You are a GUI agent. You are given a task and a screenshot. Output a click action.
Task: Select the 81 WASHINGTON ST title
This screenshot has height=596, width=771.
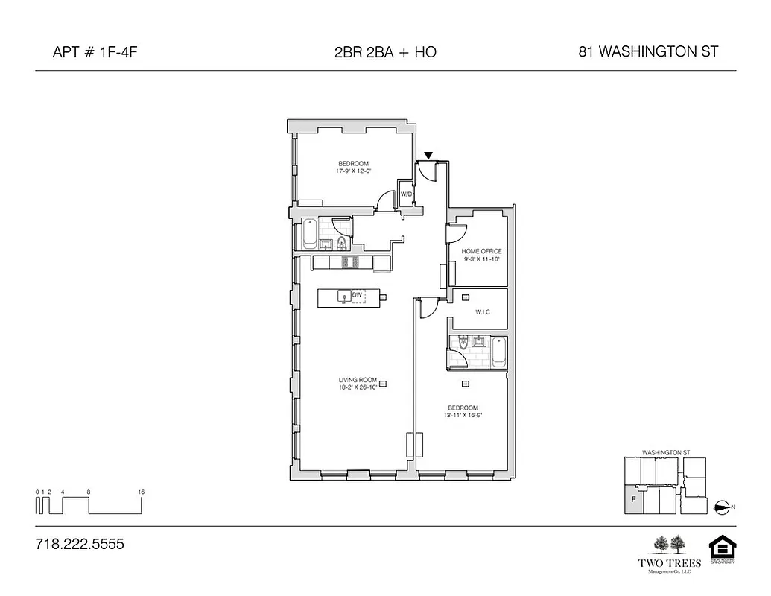tap(648, 52)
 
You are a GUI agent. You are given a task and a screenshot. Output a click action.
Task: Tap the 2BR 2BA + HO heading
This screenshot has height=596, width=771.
tap(385, 52)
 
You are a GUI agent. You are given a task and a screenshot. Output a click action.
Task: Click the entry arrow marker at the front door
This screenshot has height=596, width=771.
tap(428, 156)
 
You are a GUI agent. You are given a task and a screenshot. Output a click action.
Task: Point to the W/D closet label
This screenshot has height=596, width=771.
tap(406, 194)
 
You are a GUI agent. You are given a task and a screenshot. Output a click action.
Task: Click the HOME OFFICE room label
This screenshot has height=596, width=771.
tap(481, 252)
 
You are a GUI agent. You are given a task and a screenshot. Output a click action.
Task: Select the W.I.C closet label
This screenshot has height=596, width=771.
tap(482, 312)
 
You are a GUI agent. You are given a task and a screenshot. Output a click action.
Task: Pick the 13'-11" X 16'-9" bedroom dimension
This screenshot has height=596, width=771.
tap(463, 416)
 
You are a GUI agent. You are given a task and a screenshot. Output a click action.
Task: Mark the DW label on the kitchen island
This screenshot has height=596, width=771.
tap(357, 296)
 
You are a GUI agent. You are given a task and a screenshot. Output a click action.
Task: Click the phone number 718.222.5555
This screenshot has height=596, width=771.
tap(80, 545)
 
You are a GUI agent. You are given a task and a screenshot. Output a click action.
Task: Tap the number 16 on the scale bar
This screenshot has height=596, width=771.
tap(141, 492)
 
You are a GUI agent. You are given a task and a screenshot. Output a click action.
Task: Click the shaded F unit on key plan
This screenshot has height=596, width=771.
tap(633, 501)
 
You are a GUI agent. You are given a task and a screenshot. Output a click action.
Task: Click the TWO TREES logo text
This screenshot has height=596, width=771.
tap(667, 563)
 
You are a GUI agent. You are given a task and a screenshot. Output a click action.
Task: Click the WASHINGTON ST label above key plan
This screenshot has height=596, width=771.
tap(666, 452)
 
